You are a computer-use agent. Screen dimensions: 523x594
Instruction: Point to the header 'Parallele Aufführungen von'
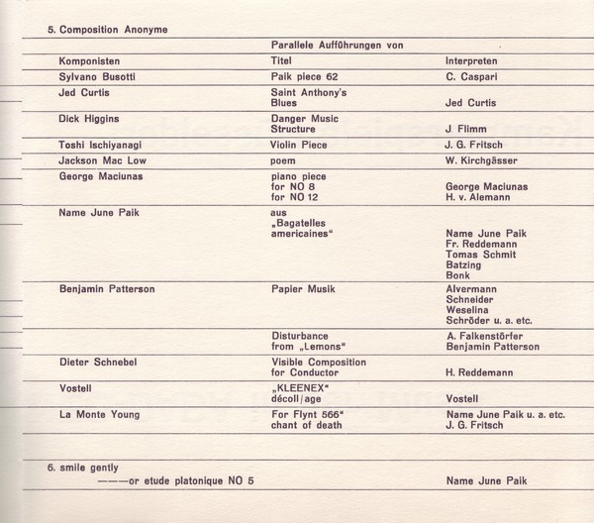click(336, 45)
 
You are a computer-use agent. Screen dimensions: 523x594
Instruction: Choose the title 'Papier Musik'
click(303, 289)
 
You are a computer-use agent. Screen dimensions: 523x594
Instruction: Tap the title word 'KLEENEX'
click(301, 389)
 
